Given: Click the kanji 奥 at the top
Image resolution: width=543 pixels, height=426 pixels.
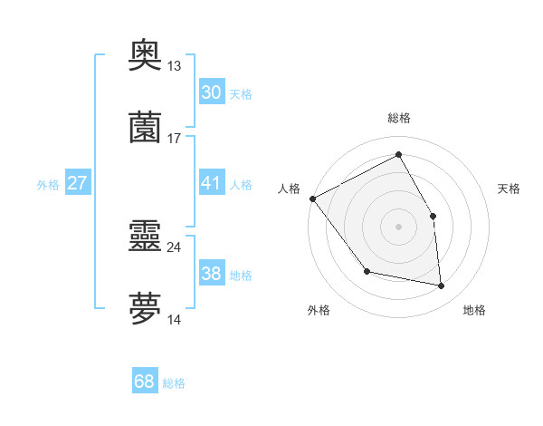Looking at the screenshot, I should click(145, 55).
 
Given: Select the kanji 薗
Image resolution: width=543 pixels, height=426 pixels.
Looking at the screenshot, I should click(145, 127).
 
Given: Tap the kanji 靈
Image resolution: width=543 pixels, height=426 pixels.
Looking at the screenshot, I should click(145, 237).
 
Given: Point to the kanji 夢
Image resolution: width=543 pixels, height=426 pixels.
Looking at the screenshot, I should click(145, 309).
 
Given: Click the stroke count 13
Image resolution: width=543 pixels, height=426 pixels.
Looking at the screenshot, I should click(175, 66).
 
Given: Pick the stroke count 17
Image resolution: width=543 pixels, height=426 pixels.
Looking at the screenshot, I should click(175, 138).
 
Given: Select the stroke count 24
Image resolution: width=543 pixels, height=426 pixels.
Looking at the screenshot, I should click(175, 247).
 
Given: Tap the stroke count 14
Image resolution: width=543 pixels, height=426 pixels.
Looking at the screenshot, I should click(175, 319).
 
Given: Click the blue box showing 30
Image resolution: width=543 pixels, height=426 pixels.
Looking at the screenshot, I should click(211, 92).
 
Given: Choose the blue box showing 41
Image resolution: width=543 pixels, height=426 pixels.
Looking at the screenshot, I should click(211, 183).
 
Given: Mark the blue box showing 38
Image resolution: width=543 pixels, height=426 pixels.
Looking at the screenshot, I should click(211, 274).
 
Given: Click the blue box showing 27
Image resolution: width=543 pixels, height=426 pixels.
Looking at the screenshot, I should click(77, 183).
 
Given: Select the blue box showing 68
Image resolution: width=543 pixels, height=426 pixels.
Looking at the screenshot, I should click(145, 382).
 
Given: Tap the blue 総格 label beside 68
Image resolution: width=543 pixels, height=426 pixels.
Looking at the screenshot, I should click(174, 383).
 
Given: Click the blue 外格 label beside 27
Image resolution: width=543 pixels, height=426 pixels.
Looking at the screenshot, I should click(48, 185).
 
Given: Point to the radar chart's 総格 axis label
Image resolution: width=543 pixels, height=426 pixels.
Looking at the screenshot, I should click(398, 118).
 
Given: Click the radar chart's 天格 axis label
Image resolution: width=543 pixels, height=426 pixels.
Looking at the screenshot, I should click(509, 189).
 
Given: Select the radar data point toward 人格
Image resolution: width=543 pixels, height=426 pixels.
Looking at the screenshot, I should click(312, 198).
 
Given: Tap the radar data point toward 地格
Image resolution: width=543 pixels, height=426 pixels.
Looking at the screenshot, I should click(441, 286).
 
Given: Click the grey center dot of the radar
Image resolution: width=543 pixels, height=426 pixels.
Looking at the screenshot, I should click(398, 227).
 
